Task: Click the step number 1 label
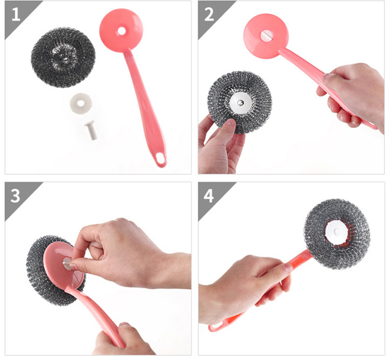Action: tap(16, 15)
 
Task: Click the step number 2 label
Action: tap(209, 15)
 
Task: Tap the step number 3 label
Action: tap(15, 196)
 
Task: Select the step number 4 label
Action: tap(209, 196)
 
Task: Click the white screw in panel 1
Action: tap(91, 130)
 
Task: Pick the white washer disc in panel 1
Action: tap(81, 103)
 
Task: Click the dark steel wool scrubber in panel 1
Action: tap(63, 57)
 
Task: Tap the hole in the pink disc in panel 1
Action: tap(121, 31)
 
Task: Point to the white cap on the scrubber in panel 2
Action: tap(240, 103)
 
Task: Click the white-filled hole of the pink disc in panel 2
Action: tap(267, 36)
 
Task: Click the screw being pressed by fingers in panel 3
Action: tap(67, 263)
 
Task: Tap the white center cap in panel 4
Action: tap(337, 232)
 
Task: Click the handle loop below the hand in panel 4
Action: tap(215, 327)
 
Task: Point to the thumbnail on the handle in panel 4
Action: tap(288, 268)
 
